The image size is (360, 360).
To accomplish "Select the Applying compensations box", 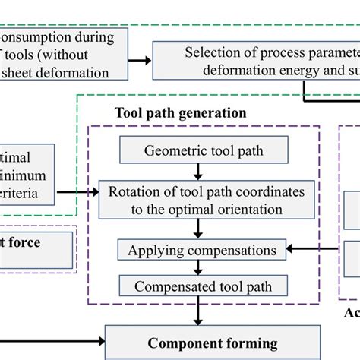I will [202, 250].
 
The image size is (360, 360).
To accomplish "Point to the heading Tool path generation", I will [180, 112].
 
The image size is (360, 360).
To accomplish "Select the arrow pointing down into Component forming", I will [198, 314].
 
